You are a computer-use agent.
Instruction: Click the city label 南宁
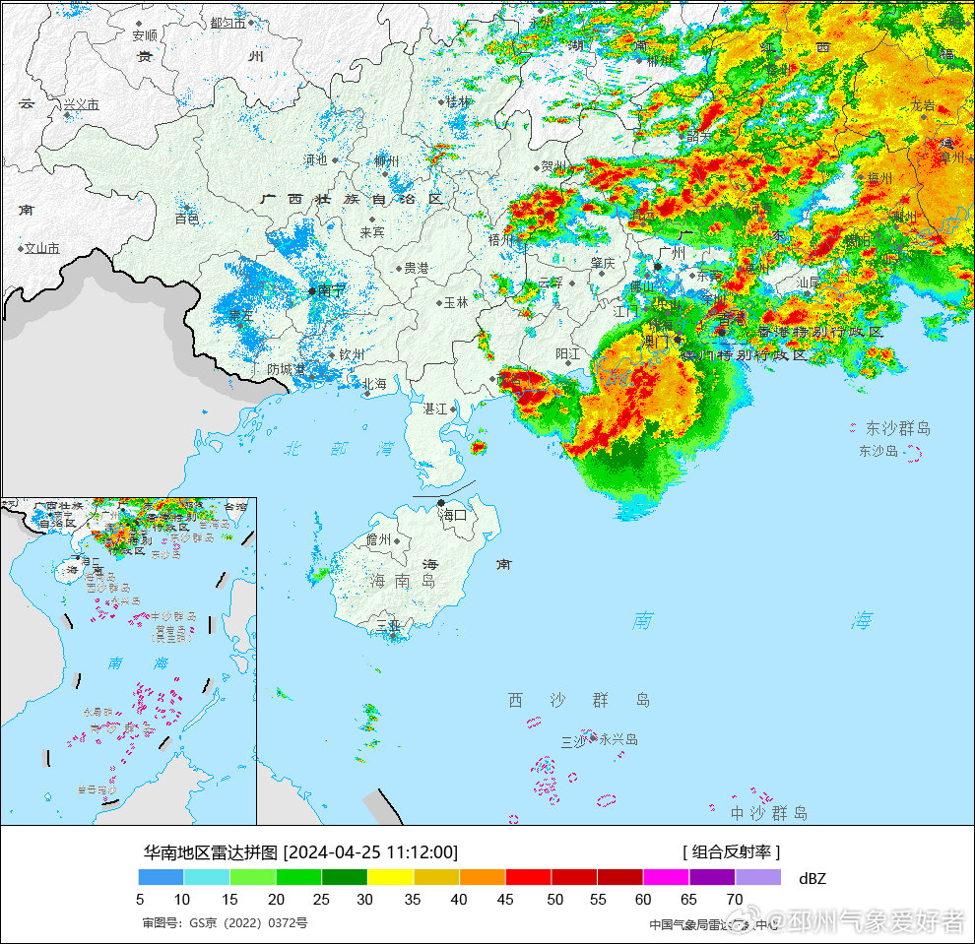pos(332,290)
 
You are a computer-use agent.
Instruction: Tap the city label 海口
pos(453,514)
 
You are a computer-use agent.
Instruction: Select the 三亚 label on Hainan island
pos(388,625)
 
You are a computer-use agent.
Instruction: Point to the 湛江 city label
pos(434,409)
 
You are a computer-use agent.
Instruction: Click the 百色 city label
pos(187,218)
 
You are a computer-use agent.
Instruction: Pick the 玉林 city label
pos(456,303)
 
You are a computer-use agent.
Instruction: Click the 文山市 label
pos(42,249)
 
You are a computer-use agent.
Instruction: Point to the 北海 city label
pos(374,384)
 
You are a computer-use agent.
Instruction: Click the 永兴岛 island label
pos(618,739)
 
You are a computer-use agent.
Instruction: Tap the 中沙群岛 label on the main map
pos(769,813)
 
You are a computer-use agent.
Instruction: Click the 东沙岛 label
pos(878,451)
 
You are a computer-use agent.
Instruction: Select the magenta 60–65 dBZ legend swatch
pos(666,876)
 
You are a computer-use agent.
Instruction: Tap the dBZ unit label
pos(812,878)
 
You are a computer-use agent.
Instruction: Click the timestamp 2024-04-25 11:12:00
pos(370,852)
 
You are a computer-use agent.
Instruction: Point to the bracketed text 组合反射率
pos(731,852)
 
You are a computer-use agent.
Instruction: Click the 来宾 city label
pos(372,232)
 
